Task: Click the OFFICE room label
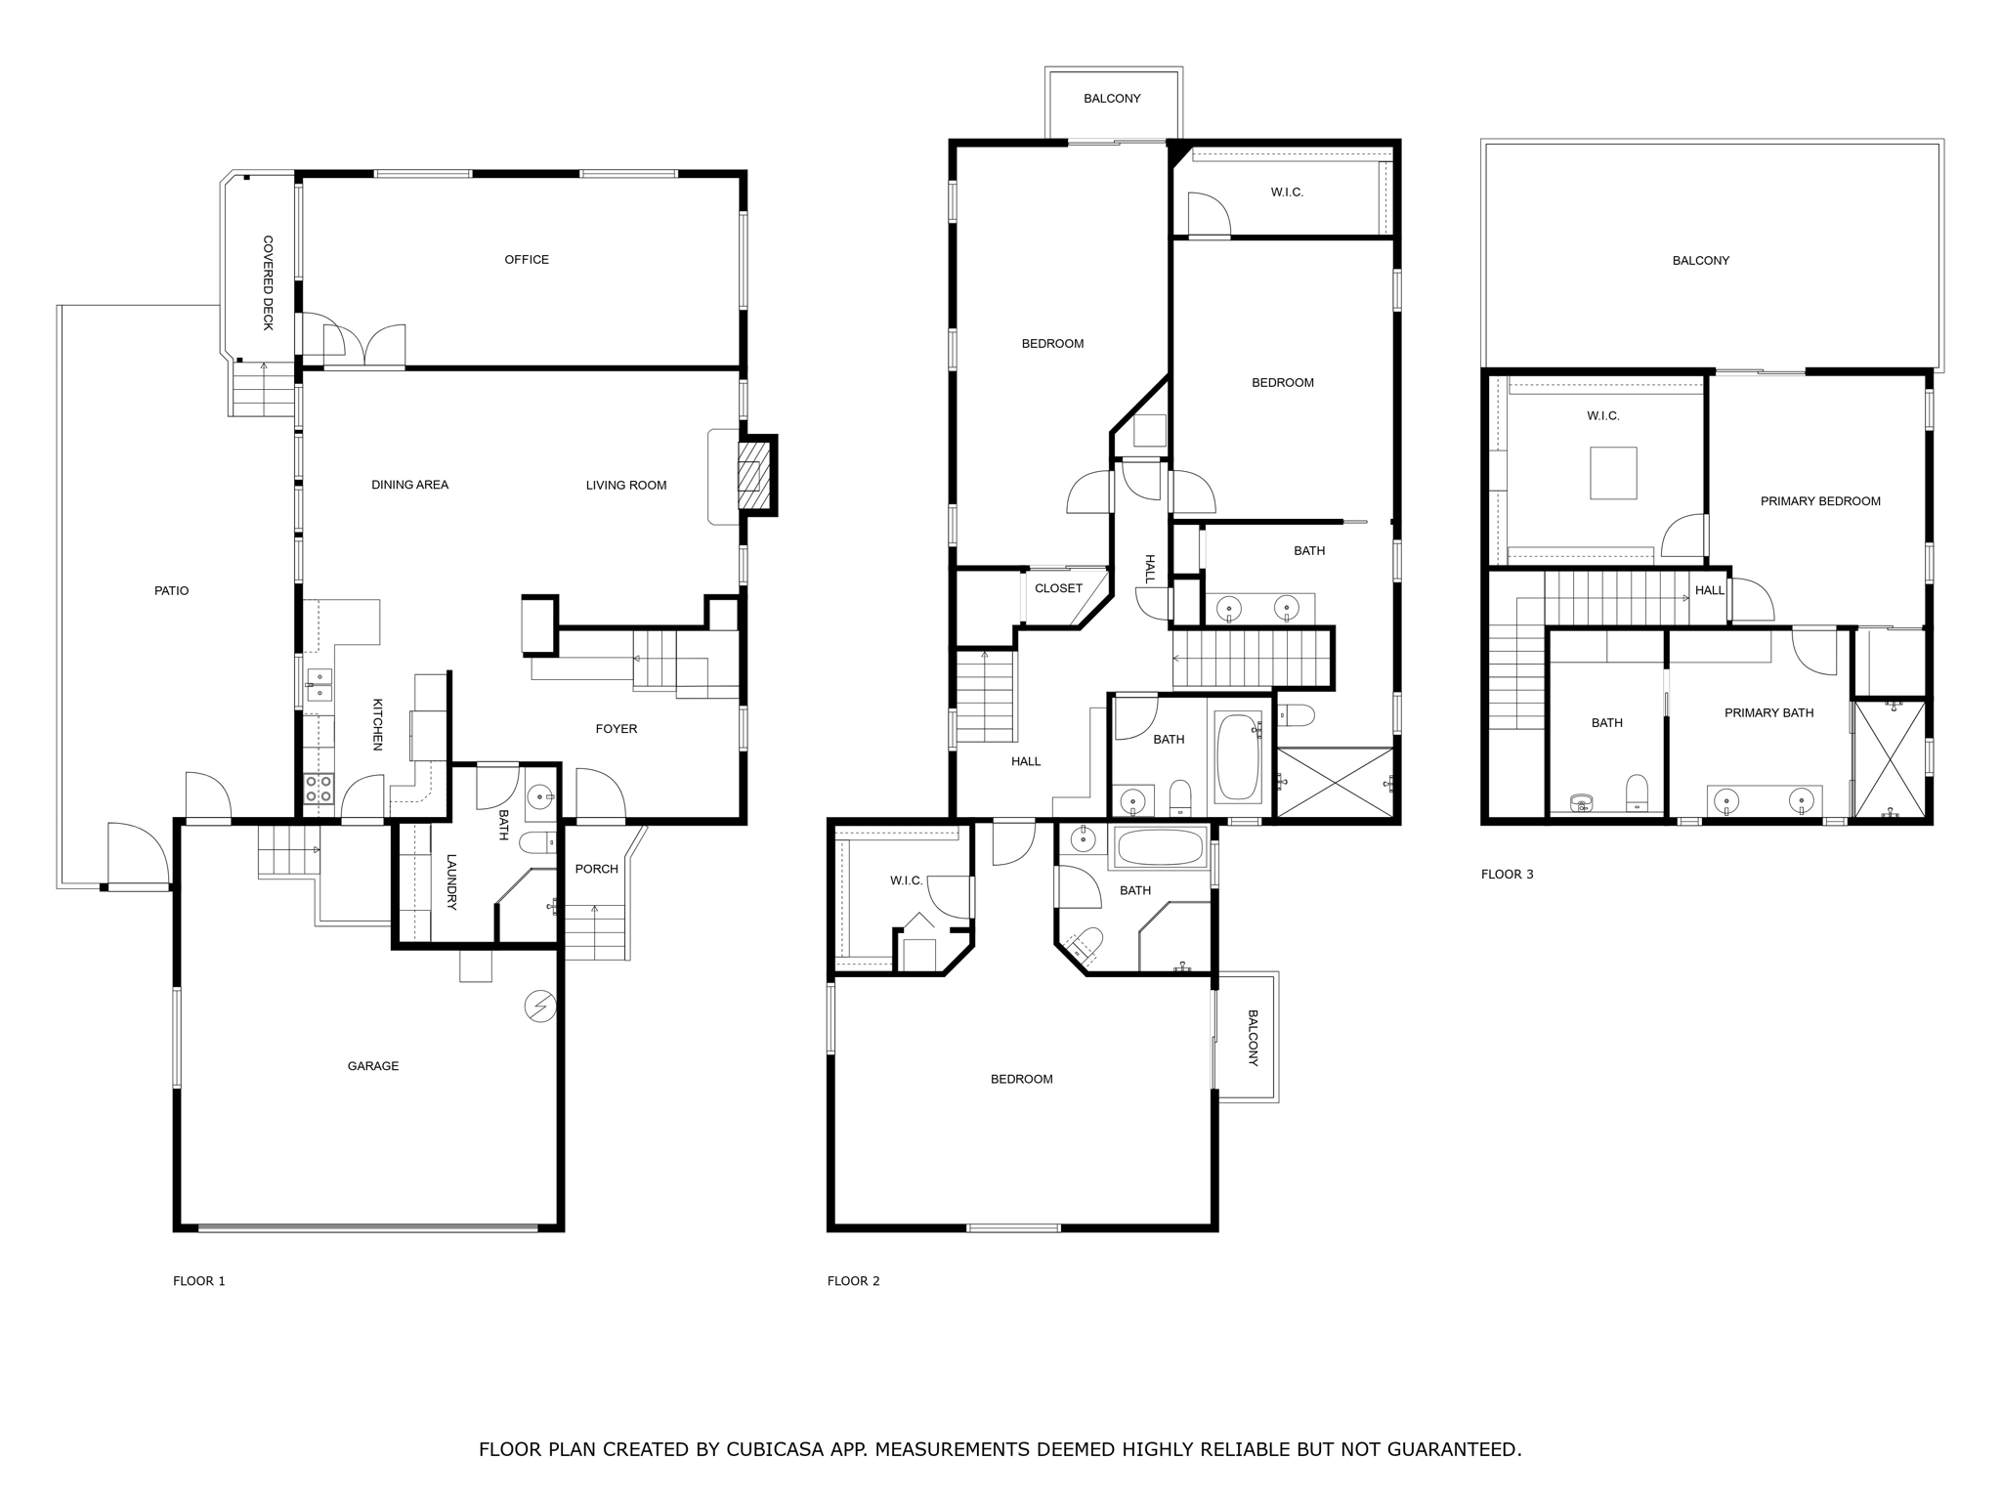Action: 526,259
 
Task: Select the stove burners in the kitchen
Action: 319,789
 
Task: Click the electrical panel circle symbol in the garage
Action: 540,1006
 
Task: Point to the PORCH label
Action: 596,869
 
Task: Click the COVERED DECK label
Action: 268,282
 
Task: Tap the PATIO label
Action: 171,590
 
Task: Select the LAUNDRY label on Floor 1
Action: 451,881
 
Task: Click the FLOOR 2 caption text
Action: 853,1280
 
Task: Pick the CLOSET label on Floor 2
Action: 1058,588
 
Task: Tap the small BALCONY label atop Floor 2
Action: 1111,99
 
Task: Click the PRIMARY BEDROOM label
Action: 1819,501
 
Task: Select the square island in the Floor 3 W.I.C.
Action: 1612,473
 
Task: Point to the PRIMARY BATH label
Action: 1768,712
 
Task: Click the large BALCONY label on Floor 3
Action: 1700,260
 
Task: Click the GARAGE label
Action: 372,1066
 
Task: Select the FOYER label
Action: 616,728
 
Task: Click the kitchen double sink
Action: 319,685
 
